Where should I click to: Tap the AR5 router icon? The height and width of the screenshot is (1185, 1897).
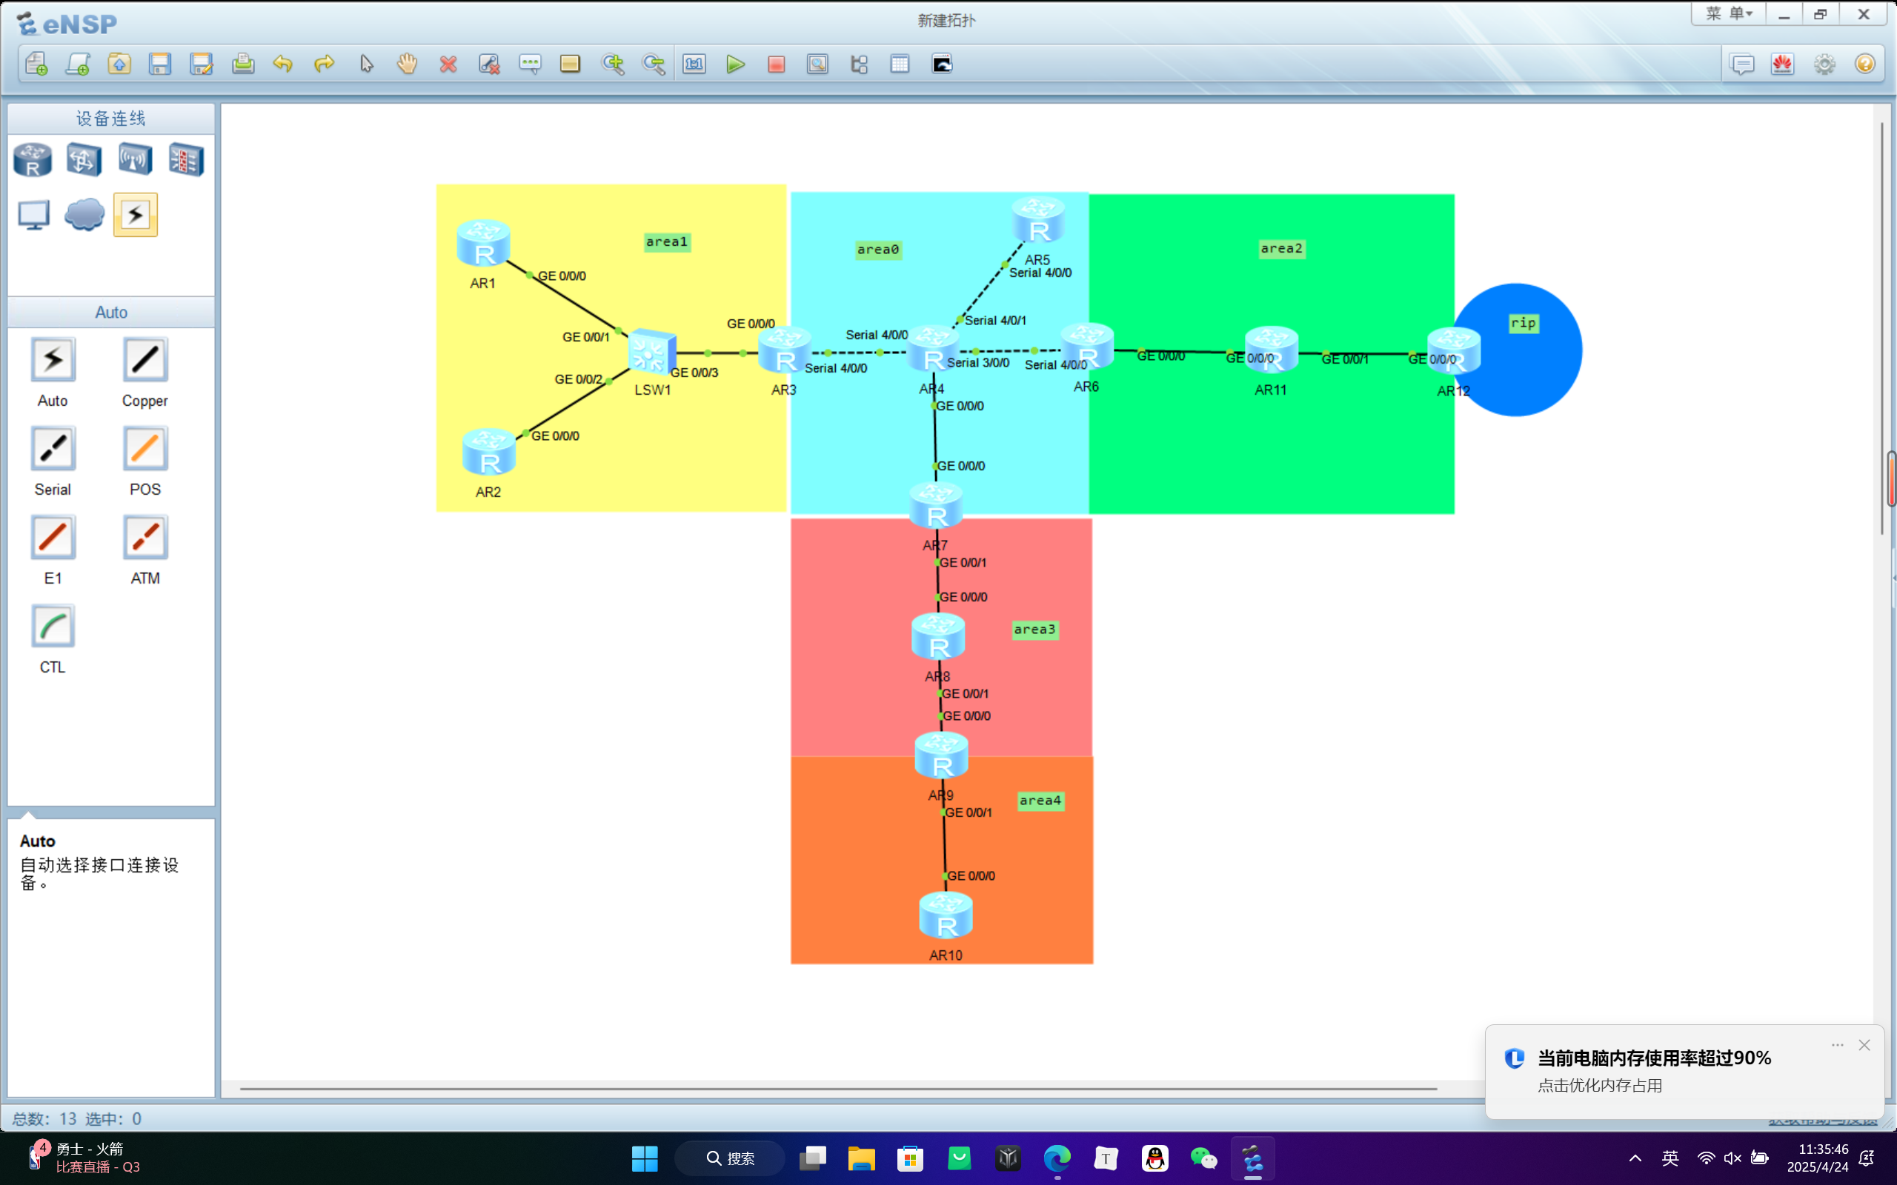coord(1038,220)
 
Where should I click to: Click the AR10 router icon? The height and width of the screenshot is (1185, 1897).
coord(946,916)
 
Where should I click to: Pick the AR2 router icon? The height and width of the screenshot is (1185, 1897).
coord(489,453)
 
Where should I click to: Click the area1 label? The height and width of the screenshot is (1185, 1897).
coord(666,242)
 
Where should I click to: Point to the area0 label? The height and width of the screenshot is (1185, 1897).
coord(878,250)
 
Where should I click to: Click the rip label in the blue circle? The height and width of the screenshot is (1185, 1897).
coord(1523,323)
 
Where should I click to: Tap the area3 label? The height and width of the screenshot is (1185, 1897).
coord(1034,630)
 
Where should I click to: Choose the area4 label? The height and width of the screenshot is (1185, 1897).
coord(1040,801)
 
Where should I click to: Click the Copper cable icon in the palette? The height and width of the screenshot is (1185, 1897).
coord(145,361)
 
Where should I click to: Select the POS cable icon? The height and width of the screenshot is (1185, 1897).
coord(145,449)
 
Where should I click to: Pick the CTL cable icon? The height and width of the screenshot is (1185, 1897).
coord(53,627)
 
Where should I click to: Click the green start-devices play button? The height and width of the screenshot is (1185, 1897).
coord(735,64)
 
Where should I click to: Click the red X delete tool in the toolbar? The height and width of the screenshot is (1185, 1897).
coord(448,64)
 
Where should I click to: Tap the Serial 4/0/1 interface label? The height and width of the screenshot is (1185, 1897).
coord(994,321)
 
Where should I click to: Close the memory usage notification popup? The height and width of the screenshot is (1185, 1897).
coord(1864,1046)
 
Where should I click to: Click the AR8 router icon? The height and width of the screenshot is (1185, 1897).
coord(938,636)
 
